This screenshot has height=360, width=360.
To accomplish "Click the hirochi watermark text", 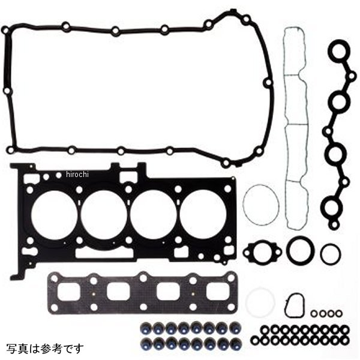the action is pos(77,175).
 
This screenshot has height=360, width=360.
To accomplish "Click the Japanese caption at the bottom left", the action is pos(45,349).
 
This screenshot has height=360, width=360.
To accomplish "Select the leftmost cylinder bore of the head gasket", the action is pos(54,214).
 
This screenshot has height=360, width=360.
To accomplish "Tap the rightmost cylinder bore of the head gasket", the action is pos(203,214).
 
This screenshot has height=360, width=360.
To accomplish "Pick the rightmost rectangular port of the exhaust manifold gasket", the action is pos(218,292).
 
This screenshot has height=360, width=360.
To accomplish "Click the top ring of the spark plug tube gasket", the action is pos(339,51).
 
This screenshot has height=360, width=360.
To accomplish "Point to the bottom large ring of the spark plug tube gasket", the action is pos(331,207).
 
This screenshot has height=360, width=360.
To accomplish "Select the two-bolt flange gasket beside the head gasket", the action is pos(262,252).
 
